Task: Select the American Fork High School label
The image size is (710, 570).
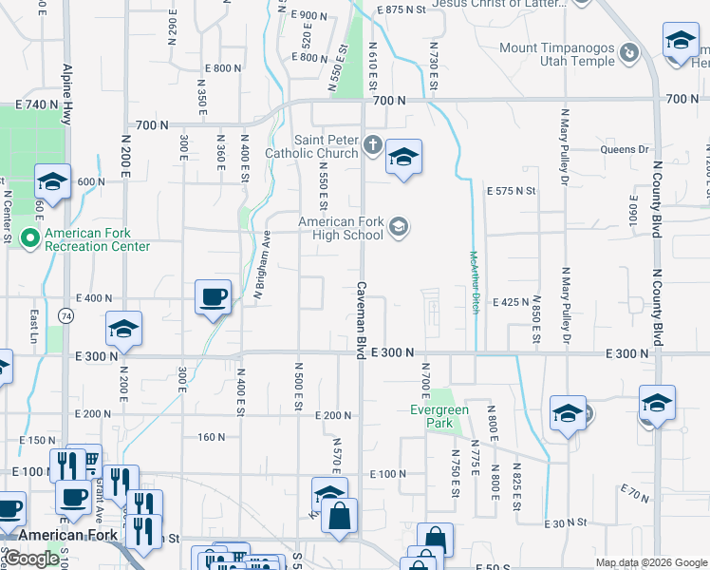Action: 341,228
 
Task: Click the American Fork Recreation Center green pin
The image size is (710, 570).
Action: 30,237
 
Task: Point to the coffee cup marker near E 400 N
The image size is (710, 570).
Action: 214,296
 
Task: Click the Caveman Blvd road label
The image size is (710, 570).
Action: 362,313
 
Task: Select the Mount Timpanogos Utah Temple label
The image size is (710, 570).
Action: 557,54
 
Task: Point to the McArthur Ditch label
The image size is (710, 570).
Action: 475,282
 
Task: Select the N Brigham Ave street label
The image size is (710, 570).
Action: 262,271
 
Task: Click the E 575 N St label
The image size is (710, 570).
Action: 512,191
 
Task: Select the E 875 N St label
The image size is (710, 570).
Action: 401,9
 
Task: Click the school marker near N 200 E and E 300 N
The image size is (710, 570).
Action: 123,329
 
